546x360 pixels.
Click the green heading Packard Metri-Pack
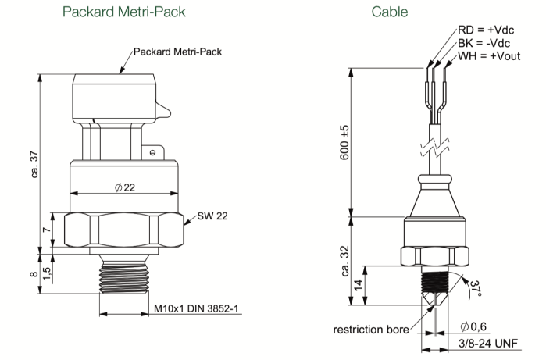click(124, 12)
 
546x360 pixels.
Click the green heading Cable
click(389, 12)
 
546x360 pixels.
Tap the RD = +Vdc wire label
click(486, 30)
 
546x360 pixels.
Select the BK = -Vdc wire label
click(484, 43)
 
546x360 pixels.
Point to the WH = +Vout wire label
click(489, 56)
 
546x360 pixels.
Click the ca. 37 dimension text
click(34, 164)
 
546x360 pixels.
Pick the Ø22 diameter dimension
click(125, 187)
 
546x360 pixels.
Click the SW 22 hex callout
click(212, 216)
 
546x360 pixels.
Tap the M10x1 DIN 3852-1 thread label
click(196, 308)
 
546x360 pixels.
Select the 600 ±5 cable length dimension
click(344, 143)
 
